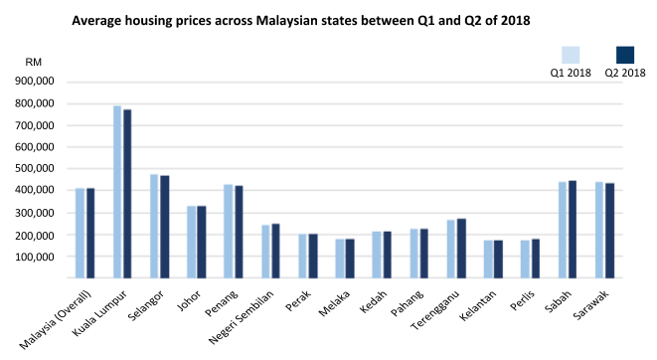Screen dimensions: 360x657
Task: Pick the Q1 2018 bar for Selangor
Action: [x=154, y=227]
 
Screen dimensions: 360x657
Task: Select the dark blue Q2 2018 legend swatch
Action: [x=625, y=55]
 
